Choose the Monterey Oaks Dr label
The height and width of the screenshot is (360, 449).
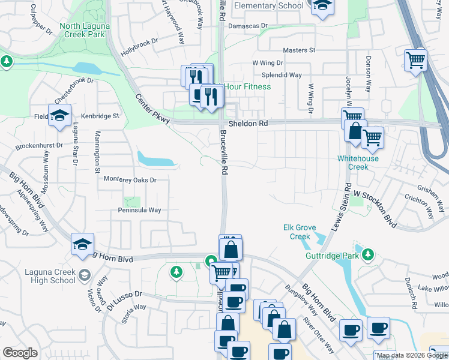point(130,179)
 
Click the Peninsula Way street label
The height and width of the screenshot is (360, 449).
point(139,210)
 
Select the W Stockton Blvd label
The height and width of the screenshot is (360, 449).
point(375,208)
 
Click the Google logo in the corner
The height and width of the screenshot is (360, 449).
point(20,353)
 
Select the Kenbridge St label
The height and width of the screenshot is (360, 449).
point(100,115)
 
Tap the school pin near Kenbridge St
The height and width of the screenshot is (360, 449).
point(60,115)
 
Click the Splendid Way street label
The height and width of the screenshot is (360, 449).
point(285,75)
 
